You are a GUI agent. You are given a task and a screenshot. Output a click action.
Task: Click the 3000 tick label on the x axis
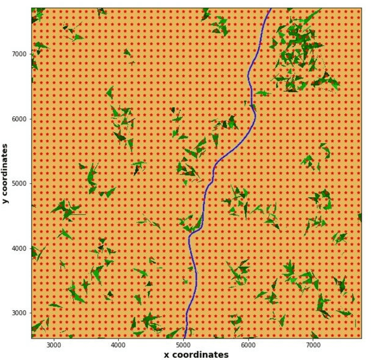click(54, 345)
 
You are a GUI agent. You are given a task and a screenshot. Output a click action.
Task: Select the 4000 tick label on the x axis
click(118, 345)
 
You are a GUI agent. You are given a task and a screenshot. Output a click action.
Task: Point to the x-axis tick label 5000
click(183, 345)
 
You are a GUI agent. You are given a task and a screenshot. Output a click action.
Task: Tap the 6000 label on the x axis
click(248, 345)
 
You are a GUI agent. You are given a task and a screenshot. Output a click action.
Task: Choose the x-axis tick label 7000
click(313, 345)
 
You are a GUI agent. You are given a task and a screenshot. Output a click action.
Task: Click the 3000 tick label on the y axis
click(20, 313)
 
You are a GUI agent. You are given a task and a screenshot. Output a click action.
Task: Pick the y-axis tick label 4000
click(20, 248)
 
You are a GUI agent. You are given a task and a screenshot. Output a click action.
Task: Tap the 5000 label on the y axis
click(20, 183)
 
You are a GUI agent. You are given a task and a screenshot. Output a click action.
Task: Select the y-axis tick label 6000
click(20, 119)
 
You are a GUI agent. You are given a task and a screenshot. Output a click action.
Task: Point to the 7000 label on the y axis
click(20, 54)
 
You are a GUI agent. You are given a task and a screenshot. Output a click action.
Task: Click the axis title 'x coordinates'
click(196, 355)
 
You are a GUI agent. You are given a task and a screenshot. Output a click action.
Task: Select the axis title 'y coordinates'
click(5, 173)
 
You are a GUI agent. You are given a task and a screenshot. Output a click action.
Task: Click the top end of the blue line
click(270, 9)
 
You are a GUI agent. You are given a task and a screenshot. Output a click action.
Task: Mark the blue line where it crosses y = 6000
click(254, 119)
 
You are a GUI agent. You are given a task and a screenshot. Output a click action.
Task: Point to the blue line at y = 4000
click(190, 248)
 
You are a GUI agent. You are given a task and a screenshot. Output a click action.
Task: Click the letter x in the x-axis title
click(166, 355)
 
